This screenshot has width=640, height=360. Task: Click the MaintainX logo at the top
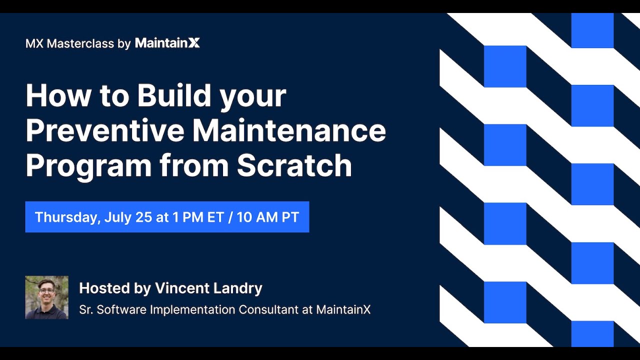pyautogui.click(x=167, y=43)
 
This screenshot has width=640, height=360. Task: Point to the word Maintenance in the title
pyautogui.click(x=289, y=130)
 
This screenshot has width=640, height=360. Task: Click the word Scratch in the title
pyautogui.click(x=294, y=165)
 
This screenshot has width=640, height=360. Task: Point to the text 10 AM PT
pyautogui.click(x=267, y=217)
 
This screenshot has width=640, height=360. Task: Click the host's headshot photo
pyautogui.click(x=47, y=297)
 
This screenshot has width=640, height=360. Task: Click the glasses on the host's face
pyautogui.click(x=46, y=291)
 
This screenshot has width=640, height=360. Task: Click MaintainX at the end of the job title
pyautogui.click(x=343, y=309)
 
